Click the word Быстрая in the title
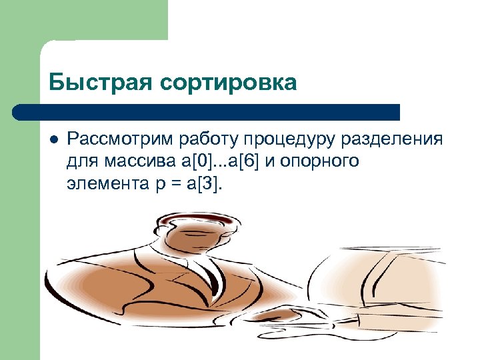101,83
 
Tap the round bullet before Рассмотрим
53,139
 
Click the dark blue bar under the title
207,111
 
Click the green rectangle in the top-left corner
83,20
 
